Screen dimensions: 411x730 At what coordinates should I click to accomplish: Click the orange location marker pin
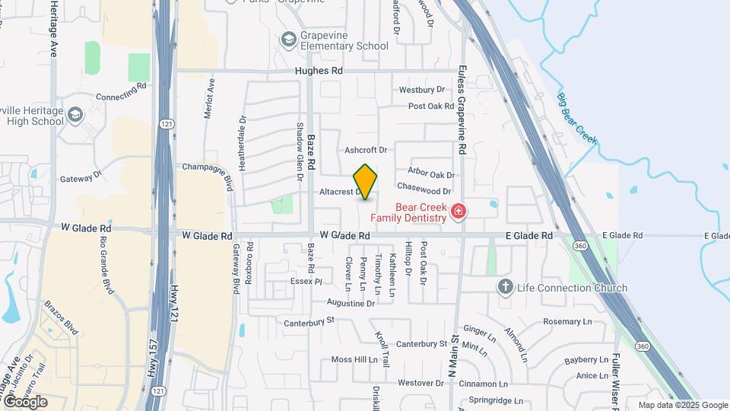[366, 182]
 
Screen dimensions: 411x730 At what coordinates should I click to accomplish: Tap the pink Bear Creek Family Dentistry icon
[458, 211]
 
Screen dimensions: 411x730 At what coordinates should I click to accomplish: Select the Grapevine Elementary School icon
[288, 39]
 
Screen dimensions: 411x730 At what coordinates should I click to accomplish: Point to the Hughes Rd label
[319, 71]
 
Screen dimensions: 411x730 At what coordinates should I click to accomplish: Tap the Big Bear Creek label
[576, 119]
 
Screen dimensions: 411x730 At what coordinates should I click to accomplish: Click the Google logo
[25, 401]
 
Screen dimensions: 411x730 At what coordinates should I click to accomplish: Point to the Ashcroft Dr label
[366, 150]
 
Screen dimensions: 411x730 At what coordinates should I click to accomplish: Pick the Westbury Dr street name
[421, 90]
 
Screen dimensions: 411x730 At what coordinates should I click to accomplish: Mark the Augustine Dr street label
[350, 303]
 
